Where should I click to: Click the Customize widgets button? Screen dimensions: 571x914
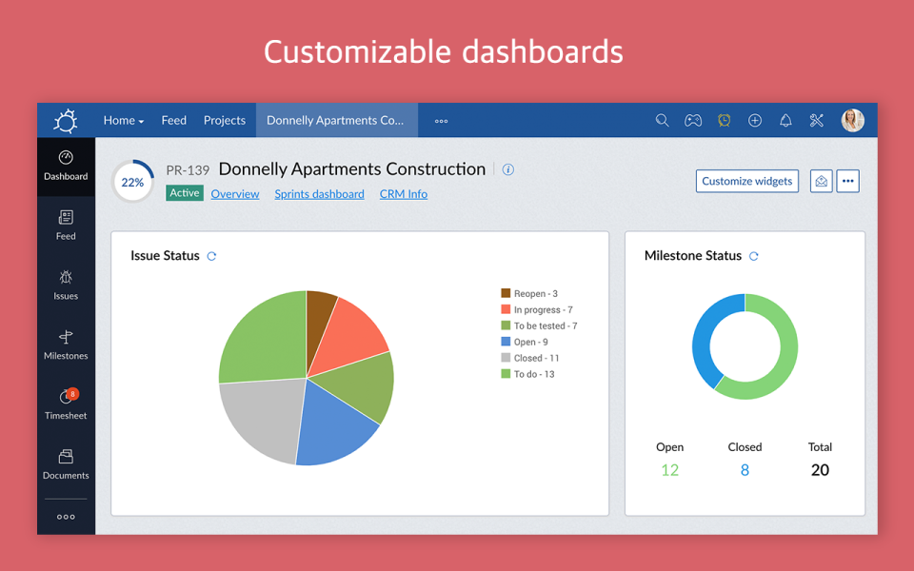click(746, 181)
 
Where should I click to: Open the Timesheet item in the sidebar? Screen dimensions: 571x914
click(66, 404)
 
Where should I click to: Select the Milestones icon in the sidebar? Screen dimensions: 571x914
click(66, 338)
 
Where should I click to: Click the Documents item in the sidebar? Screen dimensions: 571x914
click(66, 463)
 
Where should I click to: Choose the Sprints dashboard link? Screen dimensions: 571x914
click(319, 194)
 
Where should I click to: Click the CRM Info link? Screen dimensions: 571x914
click(404, 194)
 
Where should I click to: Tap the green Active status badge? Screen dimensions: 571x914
click(185, 193)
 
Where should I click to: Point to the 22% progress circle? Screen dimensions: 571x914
click(132, 182)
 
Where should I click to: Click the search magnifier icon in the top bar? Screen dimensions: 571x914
click(663, 121)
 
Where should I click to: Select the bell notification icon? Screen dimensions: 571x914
click(785, 121)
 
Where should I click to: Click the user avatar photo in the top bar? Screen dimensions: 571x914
click(852, 121)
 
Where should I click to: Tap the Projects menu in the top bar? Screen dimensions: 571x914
click(225, 121)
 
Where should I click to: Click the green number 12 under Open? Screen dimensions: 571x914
click(670, 470)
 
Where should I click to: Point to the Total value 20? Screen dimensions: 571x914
click(820, 470)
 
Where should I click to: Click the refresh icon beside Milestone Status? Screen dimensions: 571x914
click(754, 256)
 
